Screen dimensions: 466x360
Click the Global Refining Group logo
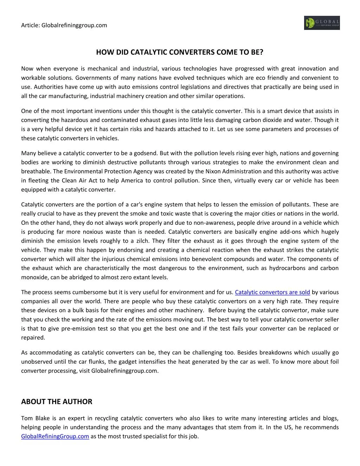point(322,23)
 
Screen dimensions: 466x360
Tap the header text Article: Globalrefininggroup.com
point(64,25)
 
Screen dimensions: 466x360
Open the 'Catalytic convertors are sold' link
point(272,292)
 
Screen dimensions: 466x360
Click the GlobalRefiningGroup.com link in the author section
point(55,436)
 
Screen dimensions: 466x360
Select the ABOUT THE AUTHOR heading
point(57,402)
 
